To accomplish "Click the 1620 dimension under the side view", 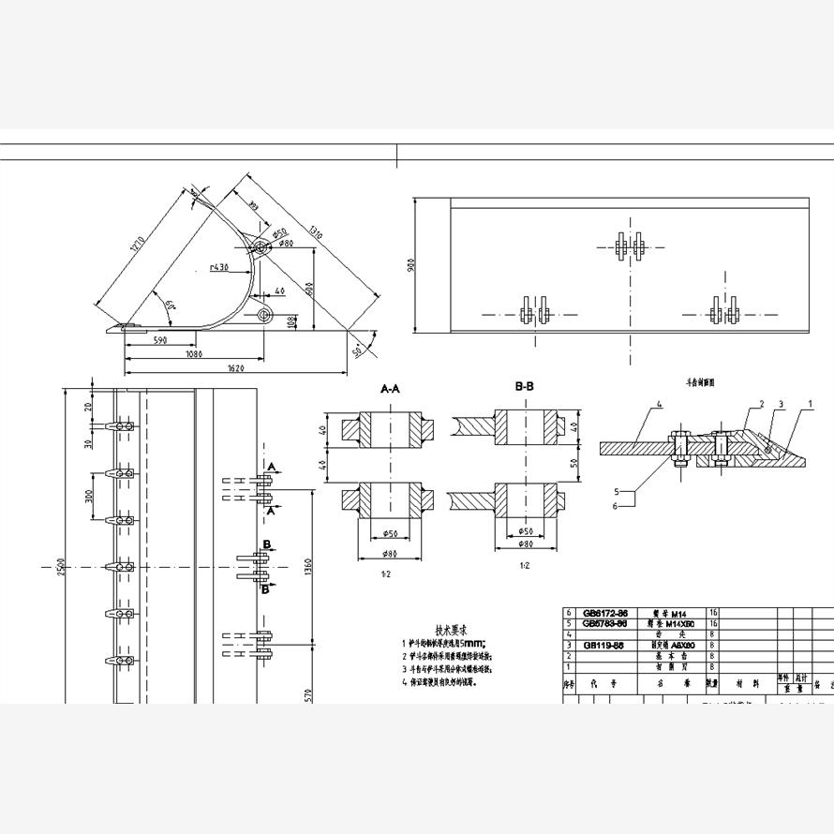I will (x=236, y=368).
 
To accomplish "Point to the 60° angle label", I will (x=169, y=305).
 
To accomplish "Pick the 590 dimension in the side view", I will (x=159, y=341).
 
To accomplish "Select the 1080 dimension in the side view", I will (x=193, y=354).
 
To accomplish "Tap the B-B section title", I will (x=524, y=386).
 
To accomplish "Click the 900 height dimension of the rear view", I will (x=410, y=266).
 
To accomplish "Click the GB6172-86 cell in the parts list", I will (x=605, y=612).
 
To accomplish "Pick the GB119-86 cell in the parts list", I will (x=605, y=646).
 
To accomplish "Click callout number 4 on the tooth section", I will (x=659, y=405).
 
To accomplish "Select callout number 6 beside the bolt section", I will (x=617, y=506).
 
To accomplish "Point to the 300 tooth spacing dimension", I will (x=90, y=496).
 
